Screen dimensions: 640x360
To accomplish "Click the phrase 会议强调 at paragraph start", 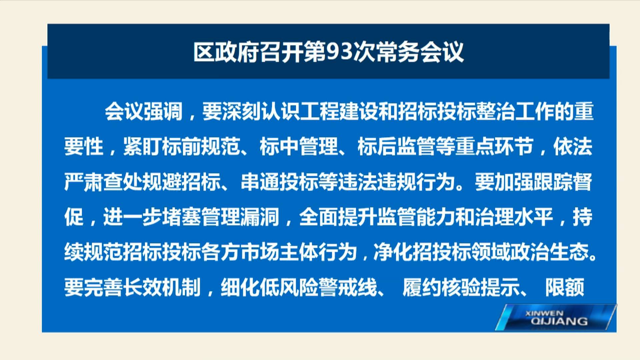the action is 144,111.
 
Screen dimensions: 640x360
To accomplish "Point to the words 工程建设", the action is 339,111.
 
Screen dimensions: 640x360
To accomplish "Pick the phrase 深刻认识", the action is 261,111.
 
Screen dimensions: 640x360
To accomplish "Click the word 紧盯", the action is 143,147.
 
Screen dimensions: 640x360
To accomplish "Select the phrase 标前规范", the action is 201,147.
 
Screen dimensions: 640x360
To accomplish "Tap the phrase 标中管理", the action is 299,147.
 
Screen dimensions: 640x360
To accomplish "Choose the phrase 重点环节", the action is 494,147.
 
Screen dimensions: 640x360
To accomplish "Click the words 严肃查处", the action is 103,182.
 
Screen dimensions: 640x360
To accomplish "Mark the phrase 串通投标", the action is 279,182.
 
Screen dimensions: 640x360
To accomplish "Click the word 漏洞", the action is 260,217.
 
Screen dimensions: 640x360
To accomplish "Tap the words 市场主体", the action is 279,252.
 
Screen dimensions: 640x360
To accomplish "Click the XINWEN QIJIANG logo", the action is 556,318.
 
